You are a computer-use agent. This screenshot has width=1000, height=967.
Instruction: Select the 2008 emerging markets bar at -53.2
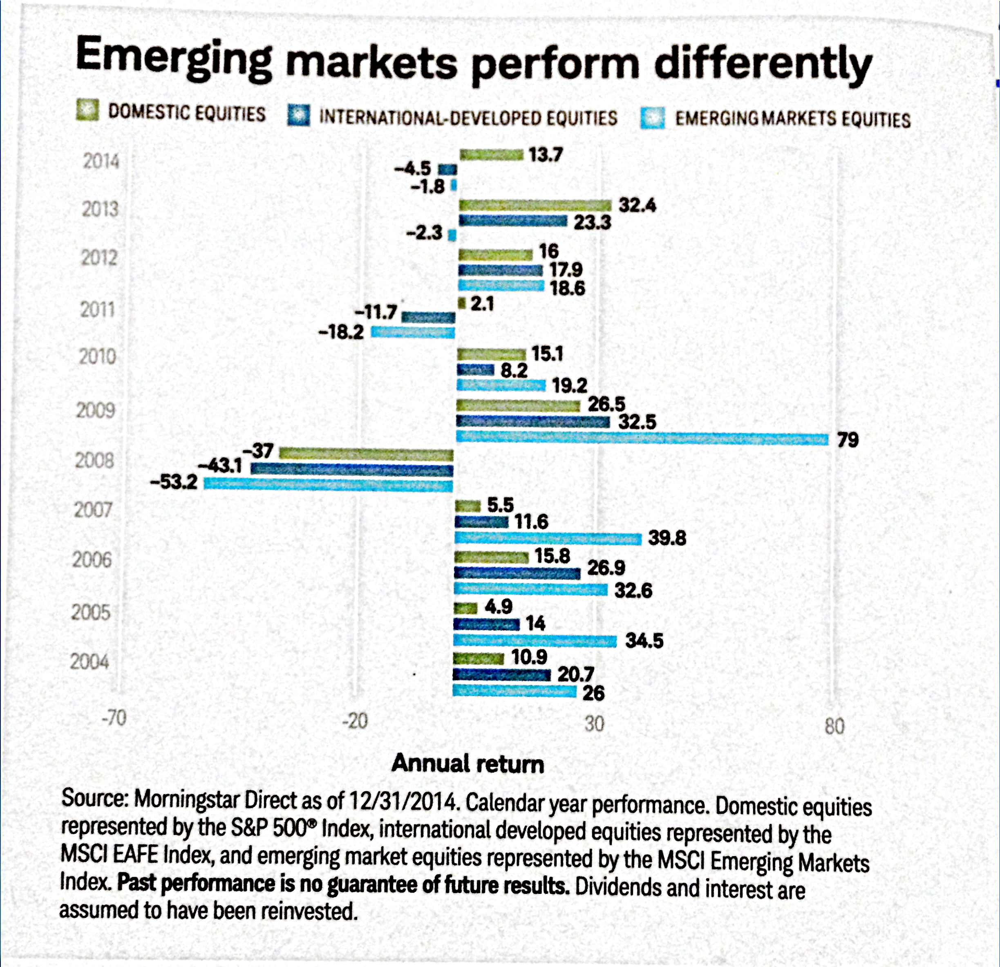pos(328,484)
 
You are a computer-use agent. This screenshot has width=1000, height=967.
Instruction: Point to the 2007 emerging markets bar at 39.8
pos(548,538)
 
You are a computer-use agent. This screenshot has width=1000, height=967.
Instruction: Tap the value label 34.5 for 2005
pos(644,640)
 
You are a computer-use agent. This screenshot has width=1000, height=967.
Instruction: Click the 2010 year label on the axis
pos(97,356)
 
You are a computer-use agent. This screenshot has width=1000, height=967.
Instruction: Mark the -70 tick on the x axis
pos(113,719)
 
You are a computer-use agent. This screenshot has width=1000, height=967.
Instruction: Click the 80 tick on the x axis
pos(834,725)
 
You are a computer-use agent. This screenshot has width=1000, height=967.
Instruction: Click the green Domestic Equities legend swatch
pos(87,110)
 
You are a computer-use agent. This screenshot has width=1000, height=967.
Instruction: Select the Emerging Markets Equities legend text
pos(792,119)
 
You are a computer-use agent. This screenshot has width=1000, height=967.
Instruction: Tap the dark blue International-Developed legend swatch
pos(298,115)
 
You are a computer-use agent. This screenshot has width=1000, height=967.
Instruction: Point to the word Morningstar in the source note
pos(187,799)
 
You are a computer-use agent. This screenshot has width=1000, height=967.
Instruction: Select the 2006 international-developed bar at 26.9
pos(517,573)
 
